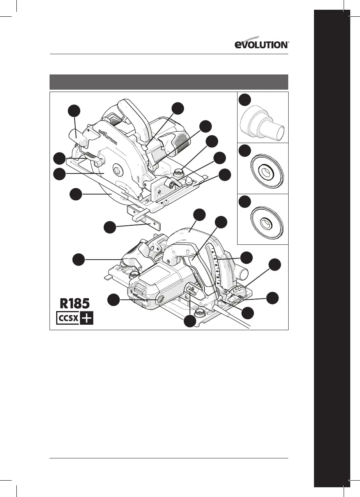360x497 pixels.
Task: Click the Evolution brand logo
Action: click(x=262, y=44)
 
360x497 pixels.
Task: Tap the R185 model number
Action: click(x=74, y=304)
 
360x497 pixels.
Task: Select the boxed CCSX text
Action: click(x=67, y=318)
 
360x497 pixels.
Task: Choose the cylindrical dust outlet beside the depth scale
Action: click(x=242, y=271)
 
